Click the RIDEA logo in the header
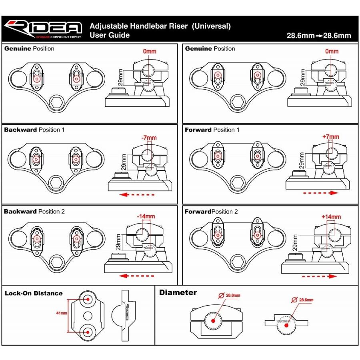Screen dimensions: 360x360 (43, 29)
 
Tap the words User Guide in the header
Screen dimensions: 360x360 (110, 35)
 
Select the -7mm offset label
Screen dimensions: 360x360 (149, 138)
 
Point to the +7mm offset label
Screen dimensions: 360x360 (330, 136)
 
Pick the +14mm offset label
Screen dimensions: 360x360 (331, 217)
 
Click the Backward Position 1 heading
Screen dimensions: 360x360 (34, 130)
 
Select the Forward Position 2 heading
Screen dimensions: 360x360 (211, 212)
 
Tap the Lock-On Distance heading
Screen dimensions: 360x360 (34, 293)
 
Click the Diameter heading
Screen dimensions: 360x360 (178, 292)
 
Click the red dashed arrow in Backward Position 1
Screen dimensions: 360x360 (138, 194)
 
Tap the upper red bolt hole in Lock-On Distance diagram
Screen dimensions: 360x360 (88, 298)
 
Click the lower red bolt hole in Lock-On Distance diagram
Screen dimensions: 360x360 (88, 330)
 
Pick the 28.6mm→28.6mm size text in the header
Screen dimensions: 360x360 (319, 35)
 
